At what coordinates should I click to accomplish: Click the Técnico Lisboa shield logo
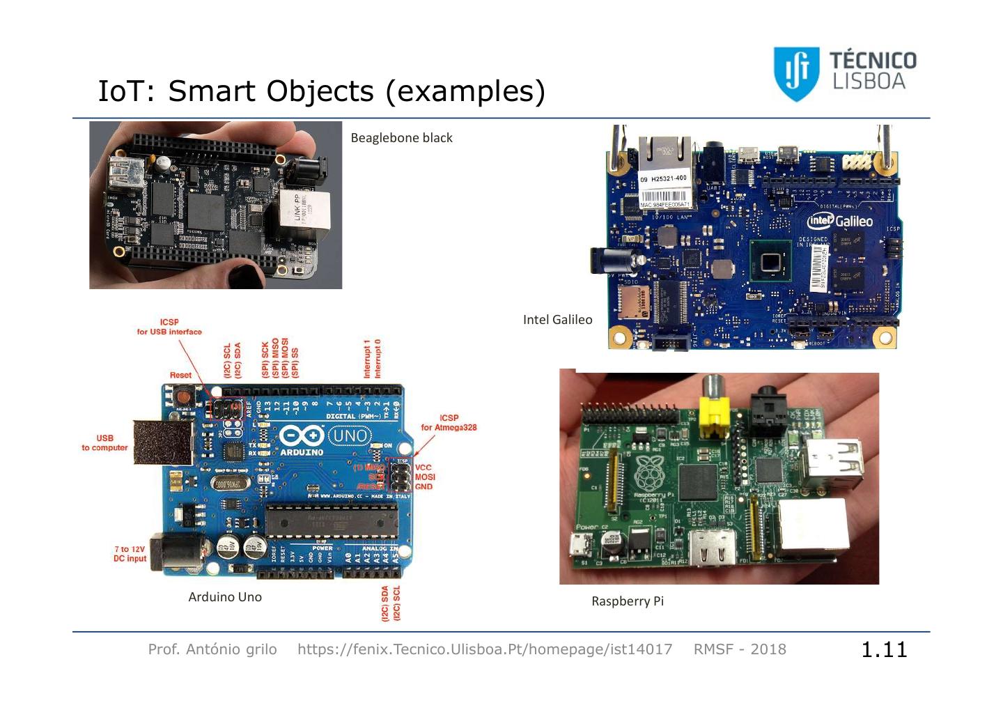796,72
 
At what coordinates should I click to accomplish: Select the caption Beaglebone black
401,138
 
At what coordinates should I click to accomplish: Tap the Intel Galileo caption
557,320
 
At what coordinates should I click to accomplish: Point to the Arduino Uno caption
225,597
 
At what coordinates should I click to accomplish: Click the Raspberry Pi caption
627,601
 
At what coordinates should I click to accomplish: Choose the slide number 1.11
884,649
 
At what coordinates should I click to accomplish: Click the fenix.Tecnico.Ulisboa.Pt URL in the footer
485,649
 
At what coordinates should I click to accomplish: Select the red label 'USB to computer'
104,443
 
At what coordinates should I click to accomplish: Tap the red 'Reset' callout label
180,376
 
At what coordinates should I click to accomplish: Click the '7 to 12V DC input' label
130,554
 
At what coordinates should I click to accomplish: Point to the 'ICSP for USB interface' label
169,327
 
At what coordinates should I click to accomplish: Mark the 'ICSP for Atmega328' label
449,423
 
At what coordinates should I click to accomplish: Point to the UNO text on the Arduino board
350,436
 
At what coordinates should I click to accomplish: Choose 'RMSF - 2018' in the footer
740,649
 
